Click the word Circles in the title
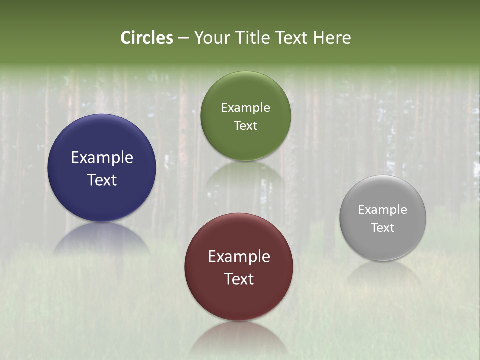point(147,38)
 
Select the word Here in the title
point(332,38)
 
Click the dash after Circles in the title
point(183,38)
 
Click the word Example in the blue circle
point(102,158)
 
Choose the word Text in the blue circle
point(102,180)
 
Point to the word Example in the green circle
point(245,108)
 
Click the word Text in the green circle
point(245,126)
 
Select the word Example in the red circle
point(239,257)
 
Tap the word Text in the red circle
point(239,279)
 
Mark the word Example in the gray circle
point(383,210)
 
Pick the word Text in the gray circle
point(383,228)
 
